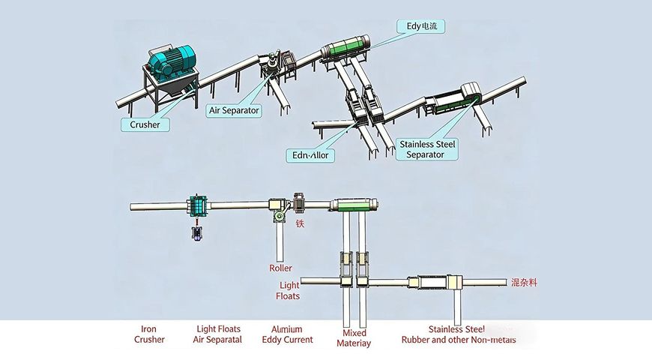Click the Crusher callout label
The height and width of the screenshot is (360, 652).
click(x=145, y=124)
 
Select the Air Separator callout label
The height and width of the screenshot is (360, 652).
click(x=233, y=110)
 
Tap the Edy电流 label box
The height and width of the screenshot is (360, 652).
click(x=421, y=26)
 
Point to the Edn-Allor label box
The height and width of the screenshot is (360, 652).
click(x=311, y=156)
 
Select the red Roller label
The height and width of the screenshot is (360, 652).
click(x=280, y=267)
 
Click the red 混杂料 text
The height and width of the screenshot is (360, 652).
click(x=525, y=283)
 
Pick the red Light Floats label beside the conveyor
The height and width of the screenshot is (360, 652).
click(x=289, y=290)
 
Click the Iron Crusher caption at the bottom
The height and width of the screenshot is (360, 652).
click(x=148, y=334)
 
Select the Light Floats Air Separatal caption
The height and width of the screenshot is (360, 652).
click(x=218, y=334)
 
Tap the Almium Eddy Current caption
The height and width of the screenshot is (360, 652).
click(x=287, y=334)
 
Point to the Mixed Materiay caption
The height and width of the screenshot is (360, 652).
click(x=354, y=337)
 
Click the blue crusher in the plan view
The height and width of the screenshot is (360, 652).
click(x=197, y=205)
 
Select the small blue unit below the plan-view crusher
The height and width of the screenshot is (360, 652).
click(x=197, y=233)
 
